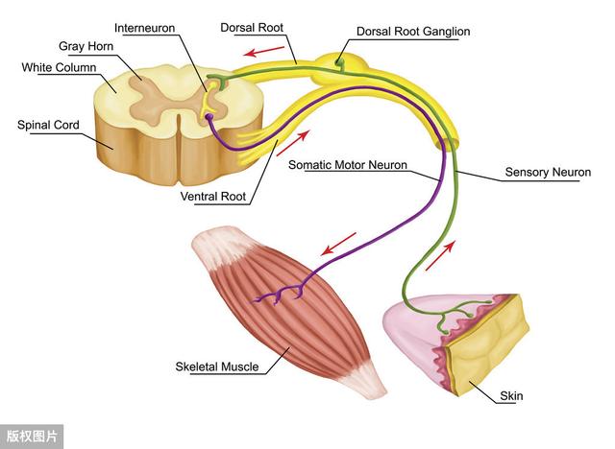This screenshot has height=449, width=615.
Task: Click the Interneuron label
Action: click(x=144, y=28)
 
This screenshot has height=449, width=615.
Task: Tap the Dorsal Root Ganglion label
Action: click(x=413, y=32)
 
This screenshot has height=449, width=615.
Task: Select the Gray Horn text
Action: click(x=86, y=46)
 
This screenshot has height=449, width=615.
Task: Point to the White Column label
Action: click(x=59, y=67)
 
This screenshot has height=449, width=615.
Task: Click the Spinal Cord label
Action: click(x=48, y=125)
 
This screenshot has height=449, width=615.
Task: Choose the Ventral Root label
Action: click(x=213, y=196)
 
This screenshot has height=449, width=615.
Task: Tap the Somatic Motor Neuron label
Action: click(x=348, y=165)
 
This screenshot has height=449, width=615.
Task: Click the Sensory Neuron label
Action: click(x=548, y=172)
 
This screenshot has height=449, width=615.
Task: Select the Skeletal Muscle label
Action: click(x=217, y=366)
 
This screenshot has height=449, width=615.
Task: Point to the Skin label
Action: click(x=511, y=396)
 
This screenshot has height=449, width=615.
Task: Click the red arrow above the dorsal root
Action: click(x=263, y=51)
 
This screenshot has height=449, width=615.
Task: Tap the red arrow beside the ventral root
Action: click(x=293, y=143)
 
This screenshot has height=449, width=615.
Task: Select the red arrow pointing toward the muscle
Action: click(x=338, y=244)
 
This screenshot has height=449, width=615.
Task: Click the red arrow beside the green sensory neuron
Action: click(x=440, y=255)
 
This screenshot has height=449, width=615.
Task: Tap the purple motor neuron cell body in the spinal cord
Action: click(x=209, y=117)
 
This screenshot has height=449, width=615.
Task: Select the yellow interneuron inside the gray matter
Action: click(x=209, y=98)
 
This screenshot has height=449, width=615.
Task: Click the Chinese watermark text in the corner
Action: click(x=32, y=437)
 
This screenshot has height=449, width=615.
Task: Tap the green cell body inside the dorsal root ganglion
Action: click(x=339, y=62)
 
